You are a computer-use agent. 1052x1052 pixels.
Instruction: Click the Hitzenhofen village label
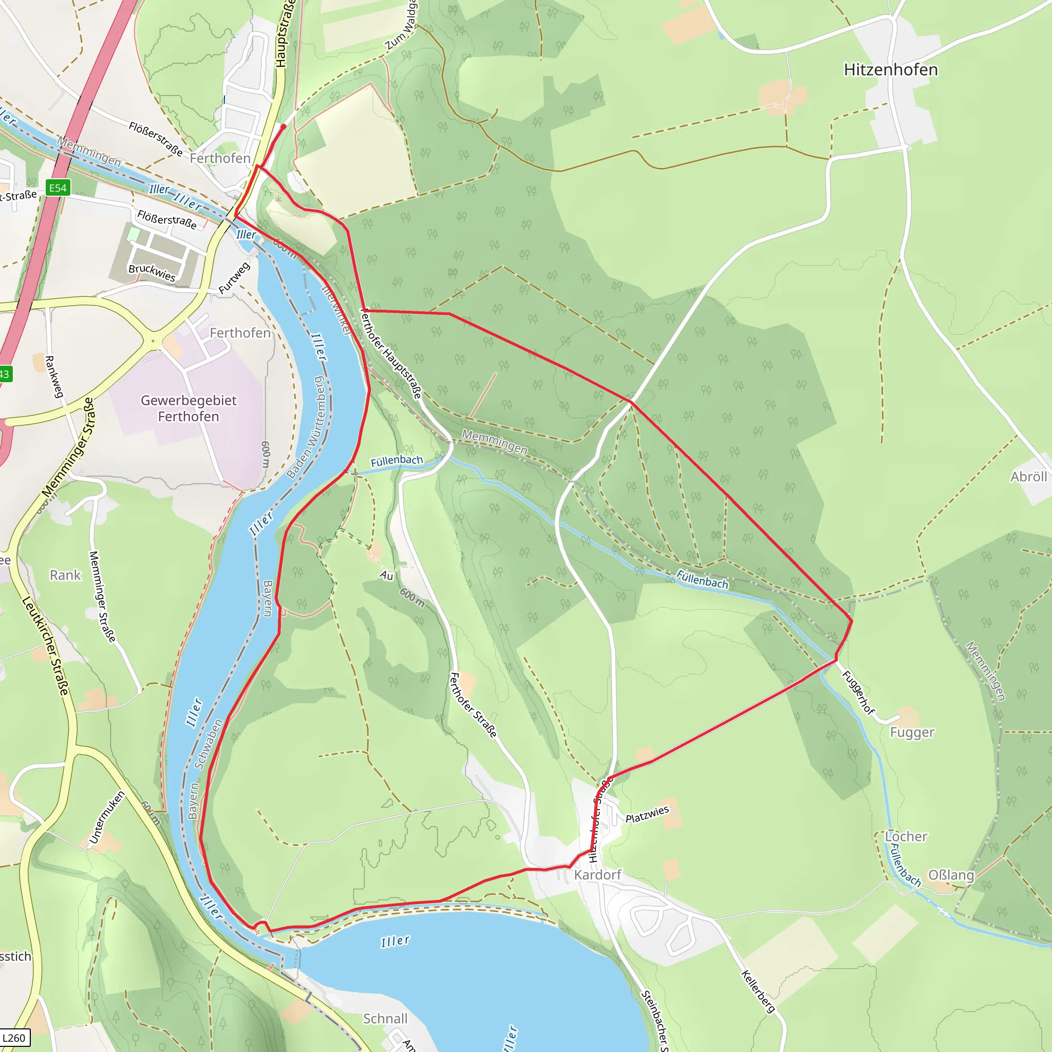pos(890,70)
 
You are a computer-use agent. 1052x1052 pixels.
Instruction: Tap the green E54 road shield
pos(58,188)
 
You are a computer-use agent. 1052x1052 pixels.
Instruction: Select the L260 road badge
pos(14,1037)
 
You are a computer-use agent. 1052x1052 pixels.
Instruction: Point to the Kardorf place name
pos(597,874)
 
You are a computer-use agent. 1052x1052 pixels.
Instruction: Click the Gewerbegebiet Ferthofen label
pos(189,408)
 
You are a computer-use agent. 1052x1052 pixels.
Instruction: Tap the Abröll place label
pos(1028,477)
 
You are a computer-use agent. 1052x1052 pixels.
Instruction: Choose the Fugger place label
pos(912,732)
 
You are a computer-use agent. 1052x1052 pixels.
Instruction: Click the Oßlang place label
pos(951,875)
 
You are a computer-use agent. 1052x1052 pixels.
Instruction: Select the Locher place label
pos(906,836)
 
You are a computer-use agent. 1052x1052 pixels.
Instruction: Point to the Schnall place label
pos(385,1018)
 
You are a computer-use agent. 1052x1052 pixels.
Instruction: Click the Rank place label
pos(65,575)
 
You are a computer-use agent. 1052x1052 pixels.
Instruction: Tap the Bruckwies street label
pos(152,273)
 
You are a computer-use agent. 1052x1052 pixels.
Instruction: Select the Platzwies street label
pos(647,815)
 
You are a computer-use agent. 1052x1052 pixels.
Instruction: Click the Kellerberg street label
pos(758,991)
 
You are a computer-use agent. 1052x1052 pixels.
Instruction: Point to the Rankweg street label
pos(54,376)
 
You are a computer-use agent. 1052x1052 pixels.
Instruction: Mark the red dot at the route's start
pos(283,127)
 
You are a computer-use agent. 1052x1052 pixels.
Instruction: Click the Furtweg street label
pos(234,278)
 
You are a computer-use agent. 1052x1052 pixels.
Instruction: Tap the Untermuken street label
pos(107,817)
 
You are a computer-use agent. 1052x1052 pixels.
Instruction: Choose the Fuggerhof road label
pos(858,692)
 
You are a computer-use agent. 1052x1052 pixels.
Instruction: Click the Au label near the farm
pos(387,575)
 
